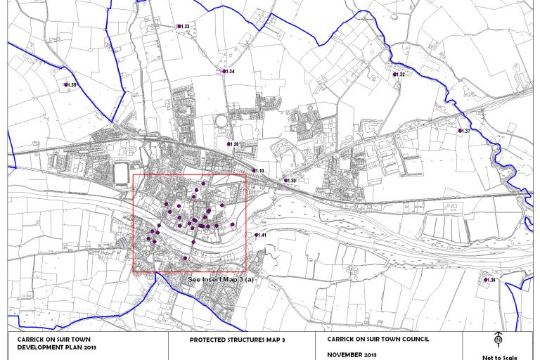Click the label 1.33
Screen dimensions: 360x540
pos(185,27)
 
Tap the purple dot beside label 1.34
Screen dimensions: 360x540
pos(224,71)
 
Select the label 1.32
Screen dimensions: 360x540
pos(400,75)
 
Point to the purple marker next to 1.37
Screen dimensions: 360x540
pos(461,131)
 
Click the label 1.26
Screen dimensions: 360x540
pos(234,144)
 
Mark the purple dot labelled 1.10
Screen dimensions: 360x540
pos(255,170)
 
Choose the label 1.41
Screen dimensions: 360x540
pos(262,235)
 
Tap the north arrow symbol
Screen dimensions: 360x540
pos(499,340)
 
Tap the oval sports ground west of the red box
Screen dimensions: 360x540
pos(121,171)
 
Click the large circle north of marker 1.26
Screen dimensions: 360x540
pos(222,122)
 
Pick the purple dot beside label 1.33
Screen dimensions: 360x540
pos(179,27)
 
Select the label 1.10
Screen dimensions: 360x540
pos(260,171)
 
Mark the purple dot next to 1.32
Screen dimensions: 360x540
pos(394,75)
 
